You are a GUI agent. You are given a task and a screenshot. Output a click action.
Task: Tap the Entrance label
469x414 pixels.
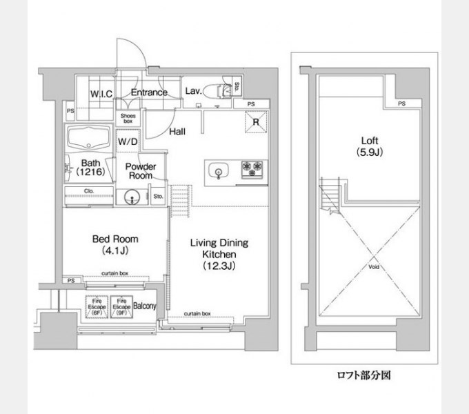[149, 92]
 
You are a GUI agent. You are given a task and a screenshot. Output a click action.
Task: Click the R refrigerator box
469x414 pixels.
[255, 122]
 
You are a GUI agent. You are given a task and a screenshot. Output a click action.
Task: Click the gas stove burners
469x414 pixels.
[252, 168]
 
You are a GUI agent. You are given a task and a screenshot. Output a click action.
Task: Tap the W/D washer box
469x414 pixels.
[127, 141]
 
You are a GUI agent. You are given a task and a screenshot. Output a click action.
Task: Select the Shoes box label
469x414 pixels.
[128, 119]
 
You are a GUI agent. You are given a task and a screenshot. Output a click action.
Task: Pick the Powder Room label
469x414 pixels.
[140, 171]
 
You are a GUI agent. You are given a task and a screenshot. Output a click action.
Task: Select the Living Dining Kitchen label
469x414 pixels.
[219, 254]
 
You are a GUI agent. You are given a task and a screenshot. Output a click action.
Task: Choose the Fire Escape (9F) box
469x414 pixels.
[121, 306]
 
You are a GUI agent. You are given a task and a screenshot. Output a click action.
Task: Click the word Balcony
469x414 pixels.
[145, 306]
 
